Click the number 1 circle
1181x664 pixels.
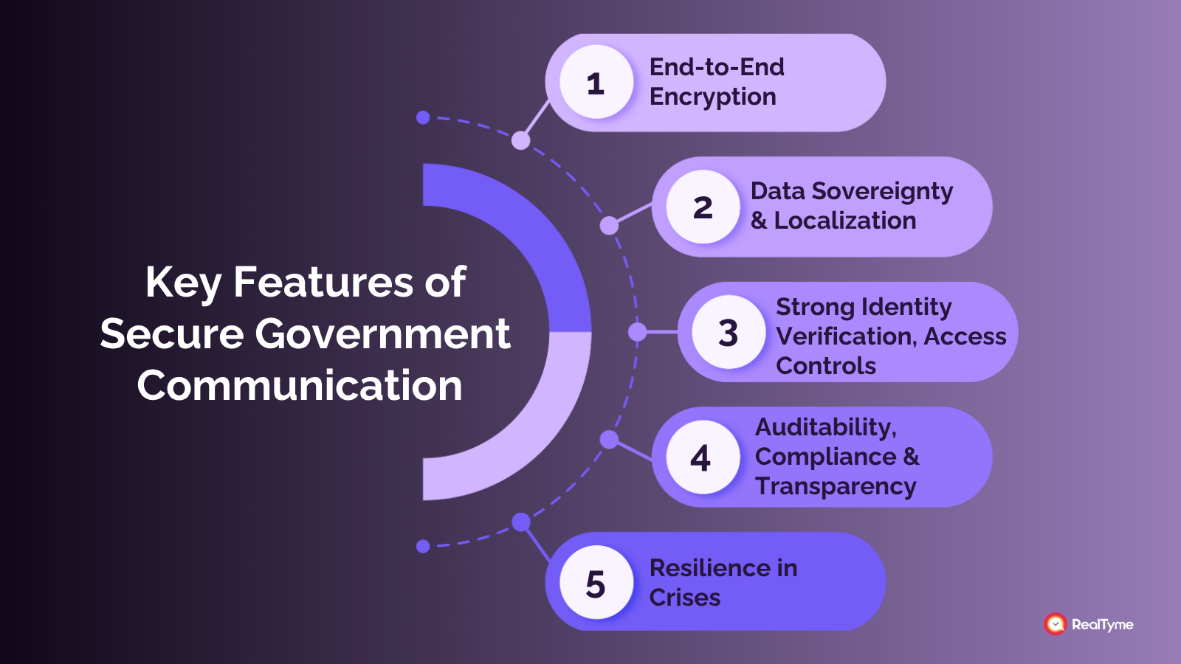pyautogui.click(x=596, y=83)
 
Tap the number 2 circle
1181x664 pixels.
pyautogui.click(x=703, y=207)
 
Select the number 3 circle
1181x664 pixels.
pyautogui.click(x=729, y=333)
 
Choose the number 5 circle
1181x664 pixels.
pyautogui.click(x=596, y=583)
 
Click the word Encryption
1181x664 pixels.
pyautogui.click(x=712, y=97)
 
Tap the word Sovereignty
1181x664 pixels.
pyautogui.click(x=882, y=192)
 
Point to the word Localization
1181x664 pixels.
pyautogui.click(x=844, y=221)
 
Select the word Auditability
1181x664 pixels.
pyautogui.click(x=825, y=427)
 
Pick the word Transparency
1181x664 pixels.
pyautogui.click(x=836, y=487)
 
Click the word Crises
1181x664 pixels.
pyautogui.click(x=684, y=598)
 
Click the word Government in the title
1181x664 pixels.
pyautogui.click(x=382, y=334)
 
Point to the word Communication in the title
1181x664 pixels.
pyautogui.click(x=300, y=386)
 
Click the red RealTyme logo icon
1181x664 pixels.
pyautogui.click(x=1056, y=624)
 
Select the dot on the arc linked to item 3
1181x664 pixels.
pyautogui.click(x=637, y=332)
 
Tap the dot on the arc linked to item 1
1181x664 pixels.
pyautogui.click(x=520, y=140)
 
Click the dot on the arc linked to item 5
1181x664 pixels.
pyautogui.click(x=521, y=522)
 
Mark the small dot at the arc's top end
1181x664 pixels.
pyautogui.click(x=423, y=117)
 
